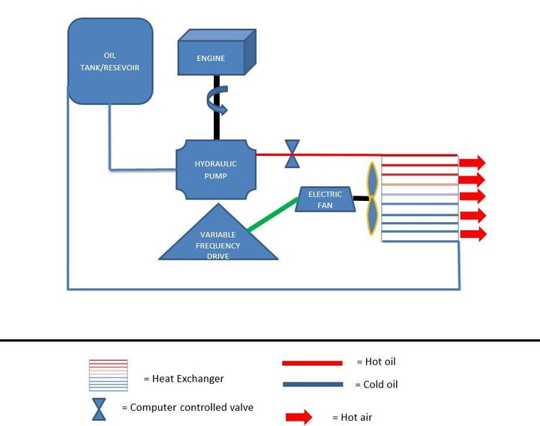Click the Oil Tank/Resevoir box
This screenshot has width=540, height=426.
click(x=109, y=61)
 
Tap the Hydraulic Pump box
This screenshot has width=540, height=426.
click(x=215, y=169)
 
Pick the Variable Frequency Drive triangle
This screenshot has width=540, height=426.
click(x=218, y=238)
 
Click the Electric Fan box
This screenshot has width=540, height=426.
click(x=325, y=199)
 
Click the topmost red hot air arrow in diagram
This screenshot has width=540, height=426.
click(x=472, y=163)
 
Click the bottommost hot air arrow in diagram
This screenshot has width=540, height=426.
click(x=472, y=234)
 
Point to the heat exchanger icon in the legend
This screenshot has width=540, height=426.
click(x=108, y=375)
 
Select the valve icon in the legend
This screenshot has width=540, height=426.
click(x=99, y=409)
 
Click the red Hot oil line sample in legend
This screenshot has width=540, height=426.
click(x=312, y=364)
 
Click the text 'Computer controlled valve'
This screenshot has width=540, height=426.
click(x=191, y=408)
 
